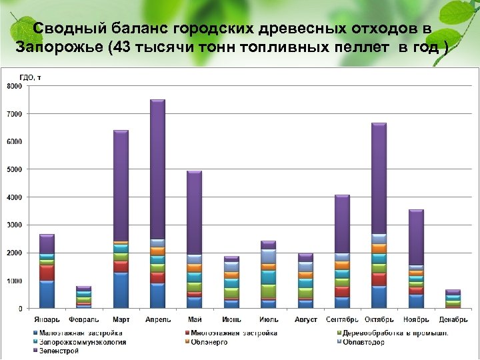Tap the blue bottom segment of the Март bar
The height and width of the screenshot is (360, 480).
pyautogui.click(x=121, y=290)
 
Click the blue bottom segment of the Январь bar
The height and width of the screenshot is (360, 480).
pyautogui.click(x=47, y=294)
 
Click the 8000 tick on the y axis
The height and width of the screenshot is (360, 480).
pyautogui.click(x=14, y=86)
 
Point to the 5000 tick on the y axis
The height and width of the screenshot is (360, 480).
pyautogui.click(x=14, y=169)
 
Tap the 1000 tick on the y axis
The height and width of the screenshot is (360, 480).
pyautogui.click(x=14, y=281)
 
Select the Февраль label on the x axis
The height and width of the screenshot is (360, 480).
pyautogui.click(x=83, y=319)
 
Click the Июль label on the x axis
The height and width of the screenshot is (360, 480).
pyautogui.click(x=268, y=319)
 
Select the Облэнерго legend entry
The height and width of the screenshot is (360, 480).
pyautogui.click(x=209, y=342)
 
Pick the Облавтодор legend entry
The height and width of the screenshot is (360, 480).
pyautogui.click(x=363, y=342)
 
